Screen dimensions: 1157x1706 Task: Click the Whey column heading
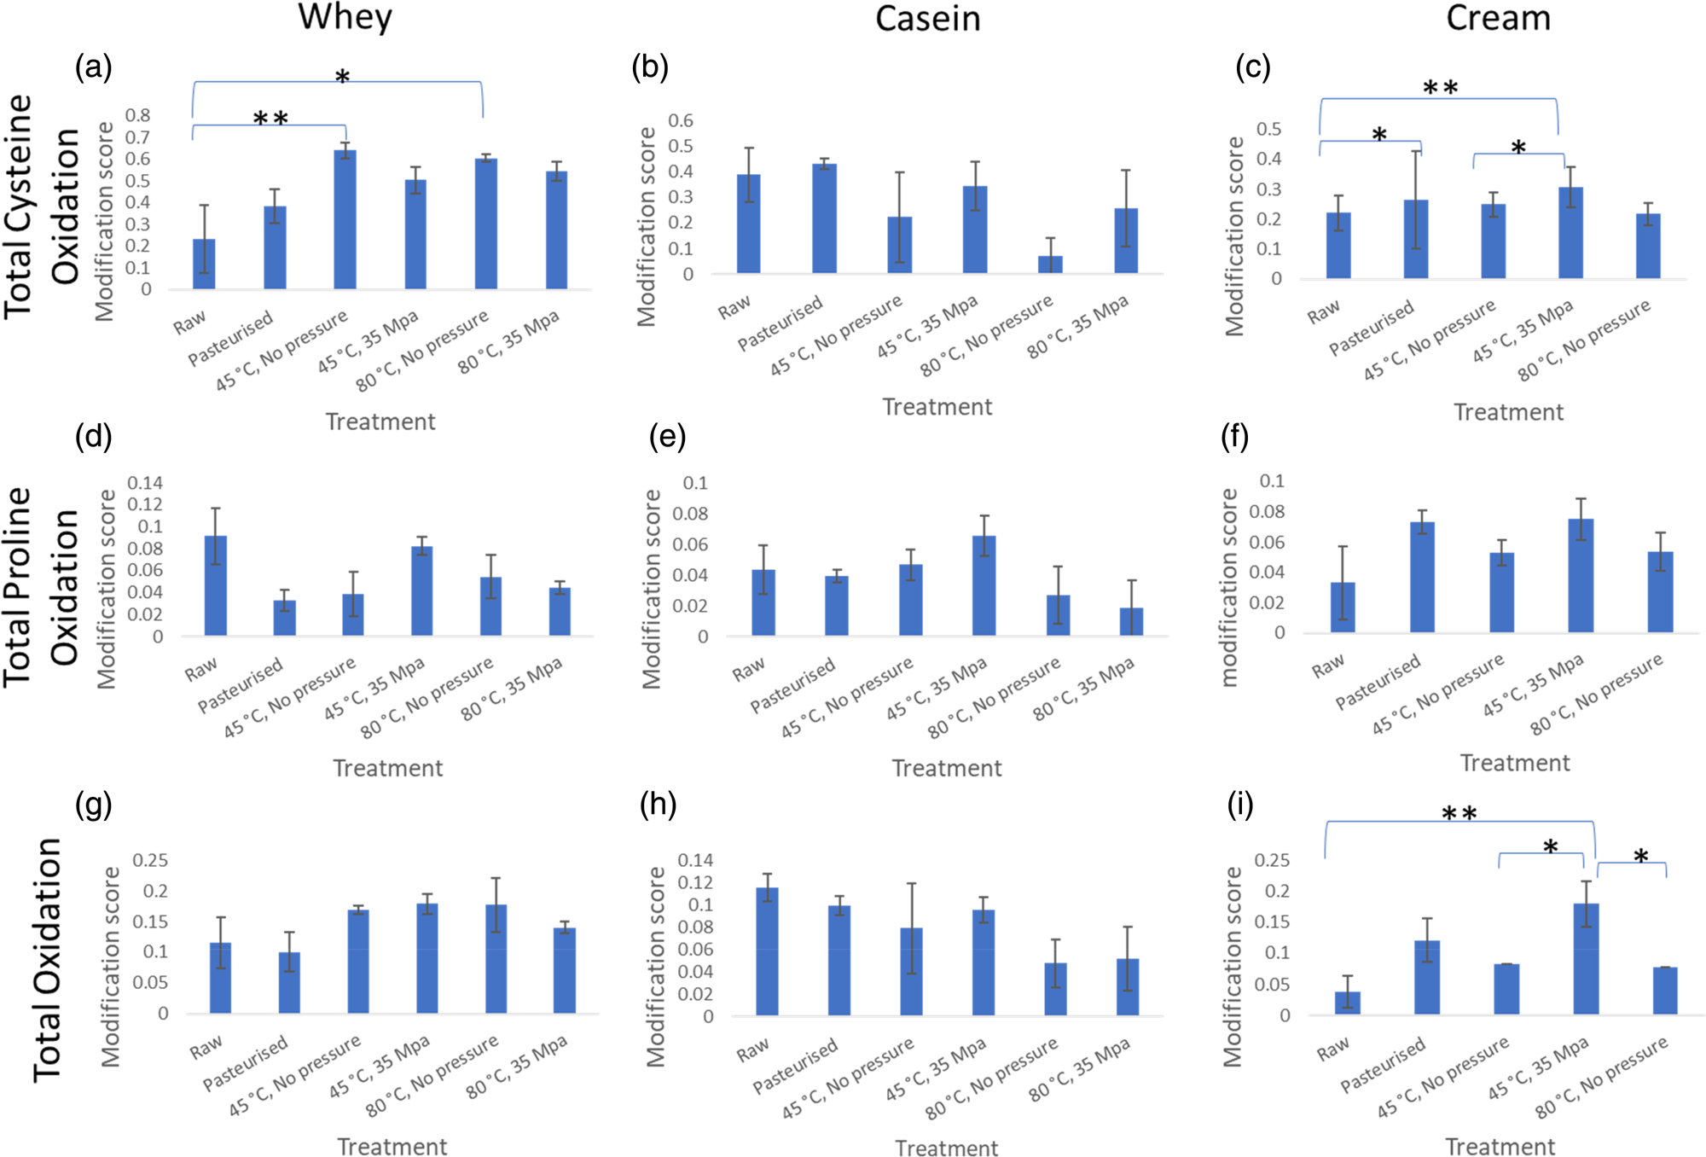click(x=345, y=17)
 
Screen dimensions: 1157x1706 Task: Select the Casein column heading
click(x=927, y=19)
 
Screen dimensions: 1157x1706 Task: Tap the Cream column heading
click(x=1498, y=17)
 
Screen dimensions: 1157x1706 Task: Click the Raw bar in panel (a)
click(x=204, y=264)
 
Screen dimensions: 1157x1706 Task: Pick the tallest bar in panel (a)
click(x=345, y=219)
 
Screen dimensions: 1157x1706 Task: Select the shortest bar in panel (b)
click(x=1050, y=264)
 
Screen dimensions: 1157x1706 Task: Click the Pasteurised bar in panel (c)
click(x=1415, y=239)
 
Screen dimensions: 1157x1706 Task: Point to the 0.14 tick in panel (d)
click(x=144, y=483)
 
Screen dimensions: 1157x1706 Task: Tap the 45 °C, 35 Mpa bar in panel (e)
click(x=984, y=585)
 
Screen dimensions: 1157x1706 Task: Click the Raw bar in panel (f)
click(x=1342, y=607)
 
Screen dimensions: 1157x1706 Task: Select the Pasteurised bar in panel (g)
click(x=289, y=982)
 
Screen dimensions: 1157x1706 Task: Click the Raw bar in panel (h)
click(x=767, y=951)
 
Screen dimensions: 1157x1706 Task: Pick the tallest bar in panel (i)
click(x=1586, y=958)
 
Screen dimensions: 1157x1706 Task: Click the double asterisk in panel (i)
click(x=1459, y=813)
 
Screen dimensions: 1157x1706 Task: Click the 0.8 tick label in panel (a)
click(x=137, y=115)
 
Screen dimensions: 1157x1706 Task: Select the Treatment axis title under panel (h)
click(x=946, y=1148)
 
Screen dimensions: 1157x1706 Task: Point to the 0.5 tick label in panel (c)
click(x=1268, y=129)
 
